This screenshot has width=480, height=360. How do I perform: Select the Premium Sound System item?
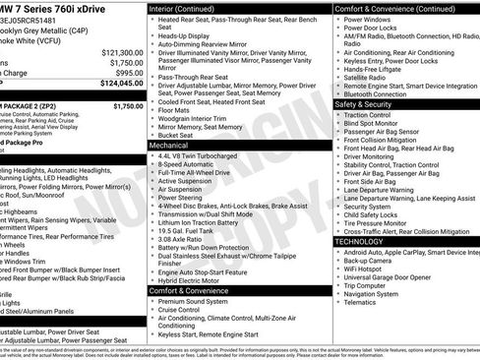pyautogui.click(x=195, y=301)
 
